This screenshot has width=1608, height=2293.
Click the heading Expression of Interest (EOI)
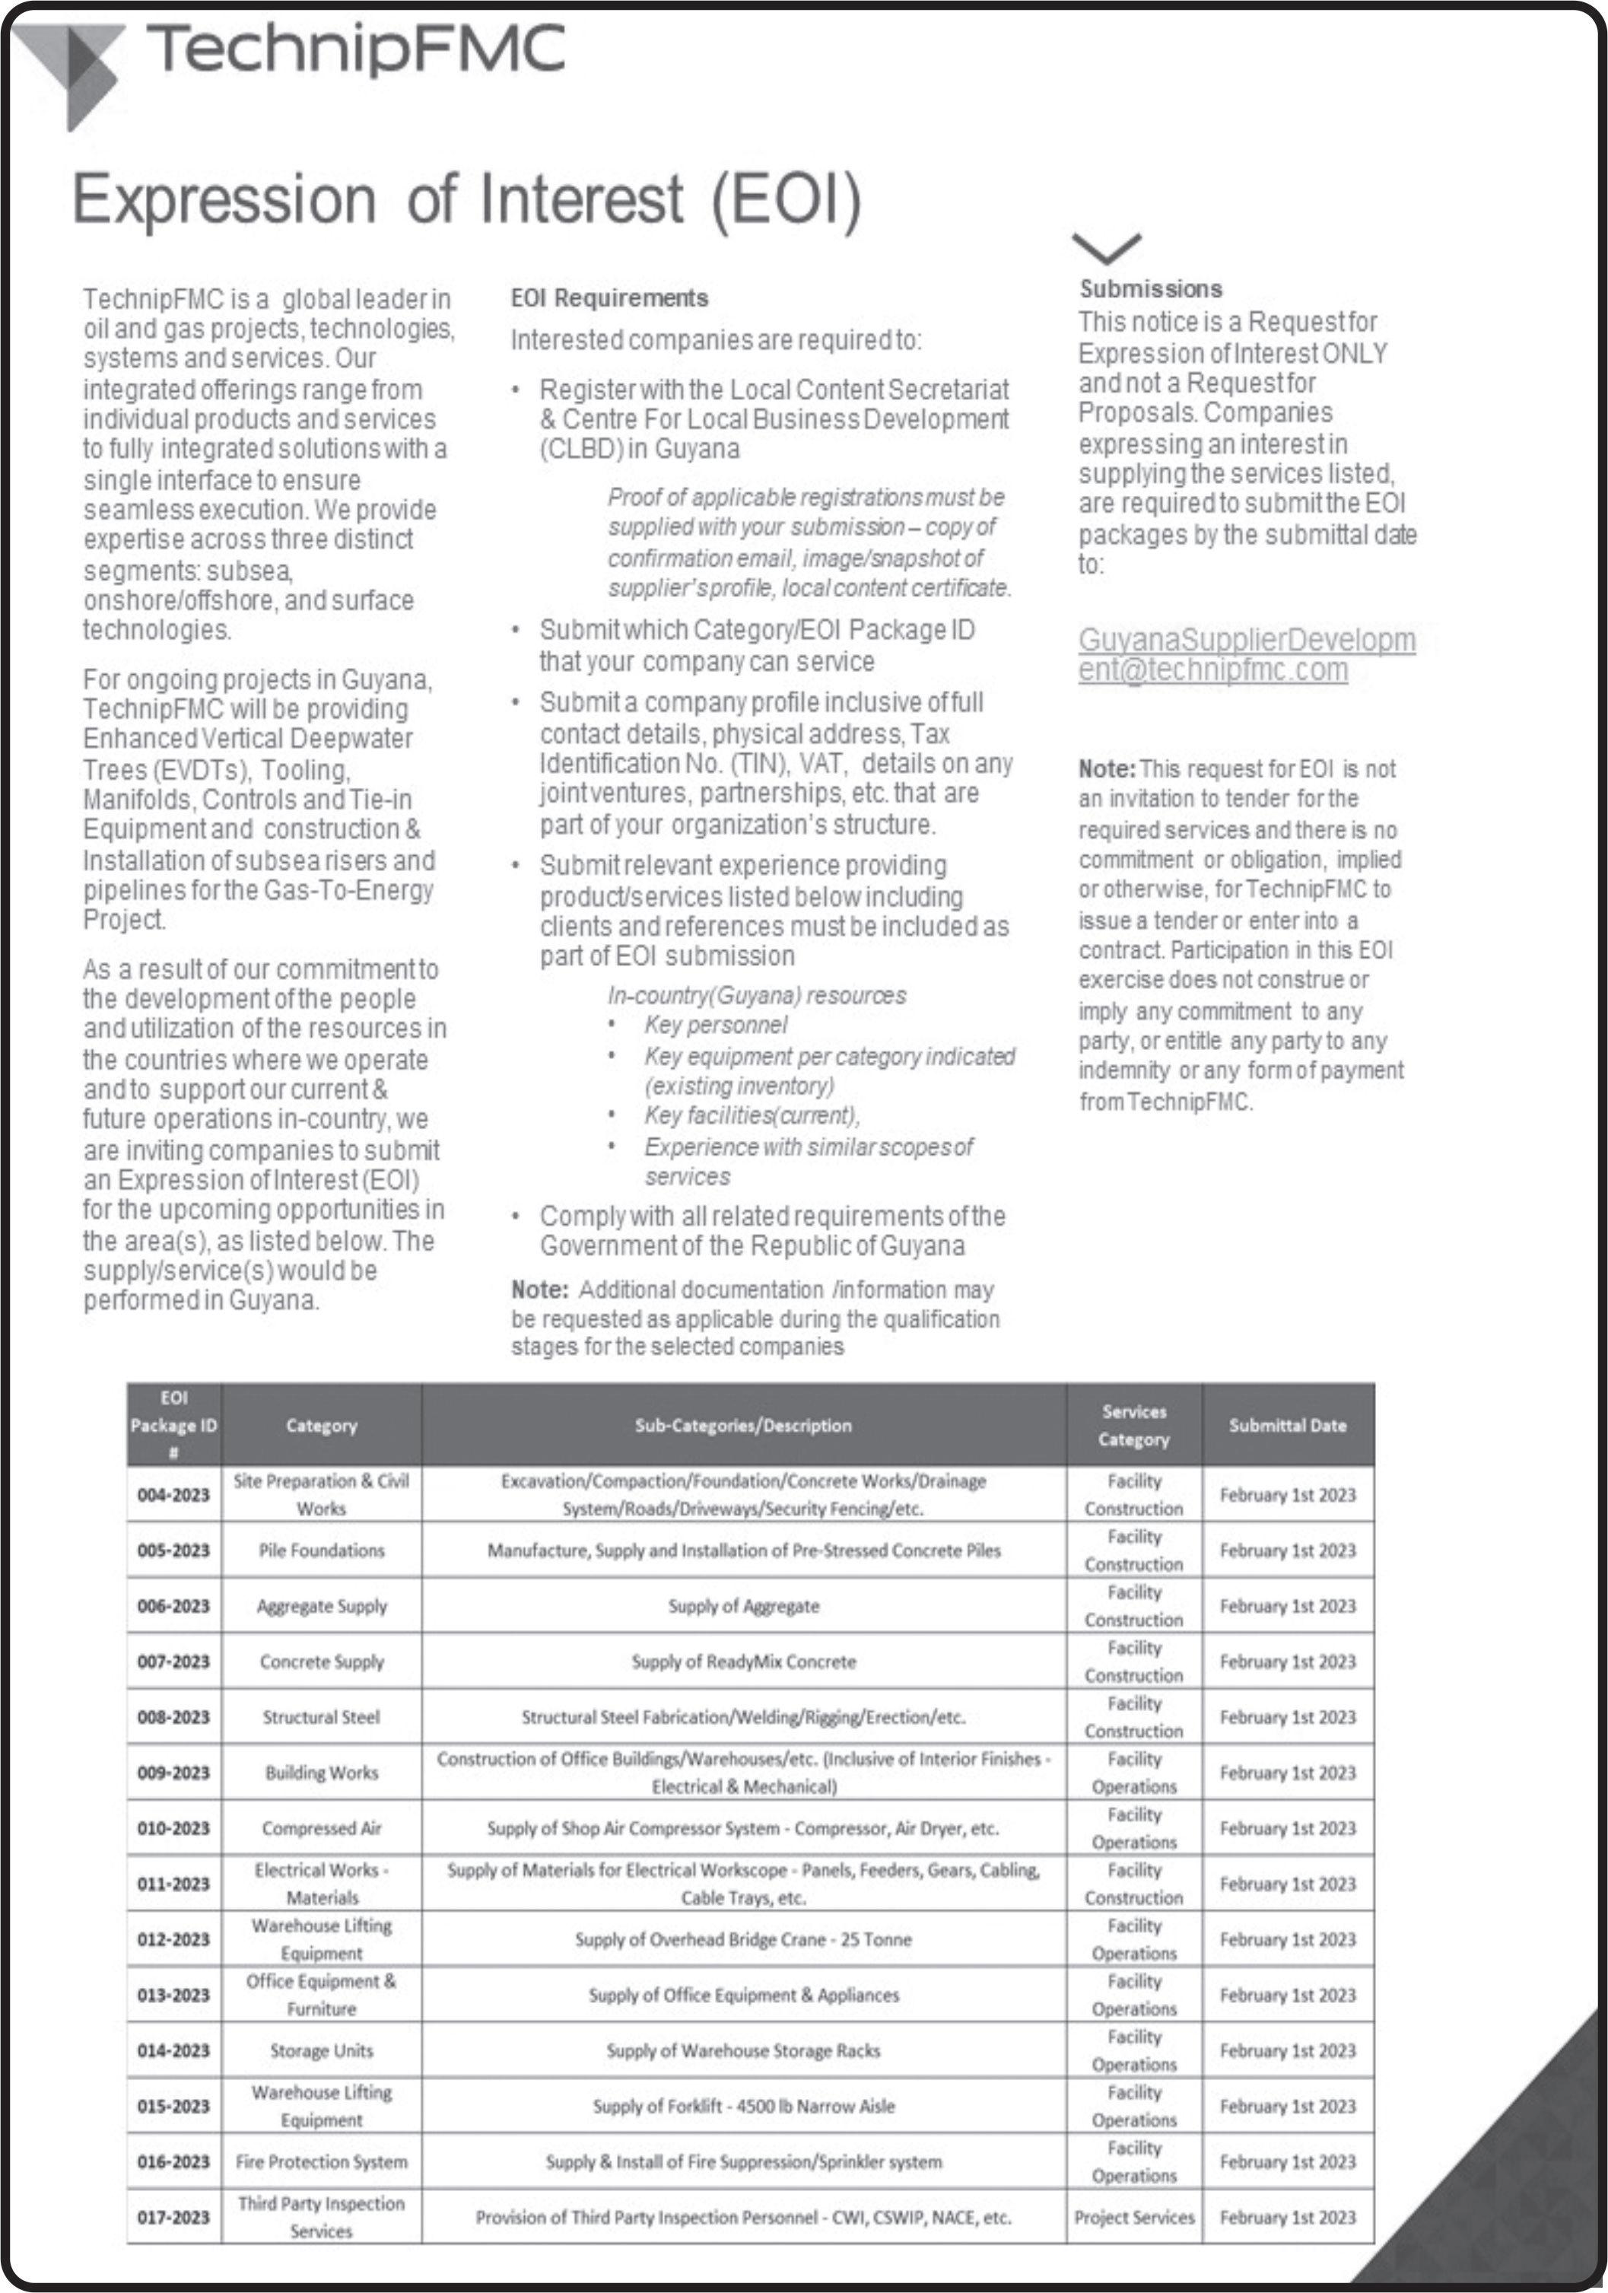[x=466, y=199]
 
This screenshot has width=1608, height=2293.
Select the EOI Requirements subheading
[x=609, y=297]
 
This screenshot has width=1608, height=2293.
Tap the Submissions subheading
[x=1151, y=288]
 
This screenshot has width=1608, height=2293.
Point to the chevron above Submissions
[x=1106, y=246]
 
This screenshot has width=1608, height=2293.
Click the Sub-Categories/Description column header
[x=743, y=1425]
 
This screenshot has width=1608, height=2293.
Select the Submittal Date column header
[x=1288, y=1425]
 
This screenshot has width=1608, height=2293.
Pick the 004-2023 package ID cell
[x=173, y=1494]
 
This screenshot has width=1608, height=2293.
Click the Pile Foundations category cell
[x=322, y=1550]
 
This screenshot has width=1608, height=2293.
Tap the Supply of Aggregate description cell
[x=743, y=1606]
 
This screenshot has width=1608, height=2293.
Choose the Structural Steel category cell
[x=322, y=1717]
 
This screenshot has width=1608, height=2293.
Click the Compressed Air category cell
[x=322, y=1827]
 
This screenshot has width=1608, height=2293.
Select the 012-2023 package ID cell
[x=173, y=1938]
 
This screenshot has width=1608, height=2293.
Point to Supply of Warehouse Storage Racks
[x=743, y=2050]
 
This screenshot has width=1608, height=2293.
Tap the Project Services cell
[x=1133, y=2217]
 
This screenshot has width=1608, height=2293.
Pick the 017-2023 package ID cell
[x=173, y=2217]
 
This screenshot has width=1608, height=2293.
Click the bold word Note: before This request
[x=1107, y=769]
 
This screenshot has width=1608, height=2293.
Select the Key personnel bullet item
[x=715, y=1025]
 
